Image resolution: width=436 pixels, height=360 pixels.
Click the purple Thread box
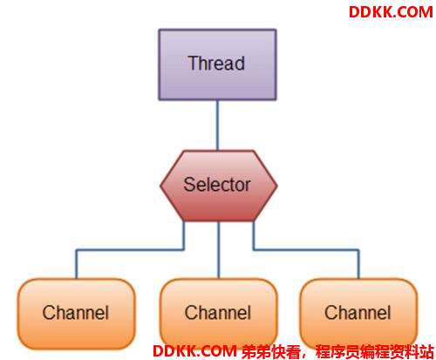tap(217, 65)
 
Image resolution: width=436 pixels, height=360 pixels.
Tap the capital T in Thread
tap(193, 63)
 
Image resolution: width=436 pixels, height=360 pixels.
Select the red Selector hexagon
tap(219, 186)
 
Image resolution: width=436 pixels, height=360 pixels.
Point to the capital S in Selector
tap(189, 185)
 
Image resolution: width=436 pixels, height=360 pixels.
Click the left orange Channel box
tap(76, 314)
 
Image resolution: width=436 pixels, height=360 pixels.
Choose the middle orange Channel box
tap(218, 314)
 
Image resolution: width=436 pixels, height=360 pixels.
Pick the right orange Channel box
tap(358, 314)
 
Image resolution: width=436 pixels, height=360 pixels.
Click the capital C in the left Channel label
tap(49, 313)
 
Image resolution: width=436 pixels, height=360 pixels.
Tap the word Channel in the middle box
tap(218, 313)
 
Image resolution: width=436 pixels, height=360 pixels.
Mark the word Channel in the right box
tap(358, 313)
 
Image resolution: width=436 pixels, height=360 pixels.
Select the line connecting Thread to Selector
tap(217, 126)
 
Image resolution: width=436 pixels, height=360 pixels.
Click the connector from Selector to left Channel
tap(130, 249)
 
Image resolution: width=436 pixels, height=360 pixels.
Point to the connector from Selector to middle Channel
tap(219, 250)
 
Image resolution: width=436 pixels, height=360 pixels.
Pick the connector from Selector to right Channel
tap(306, 249)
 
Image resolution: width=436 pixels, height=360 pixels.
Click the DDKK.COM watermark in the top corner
tap(391, 12)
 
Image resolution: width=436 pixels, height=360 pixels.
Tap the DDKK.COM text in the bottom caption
tap(194, 351)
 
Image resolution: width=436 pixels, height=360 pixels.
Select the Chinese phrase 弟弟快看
tap(270, 352)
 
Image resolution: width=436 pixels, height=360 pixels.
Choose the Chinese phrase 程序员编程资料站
tap(375, 352)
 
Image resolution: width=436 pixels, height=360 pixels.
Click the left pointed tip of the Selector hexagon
tap(160, 186)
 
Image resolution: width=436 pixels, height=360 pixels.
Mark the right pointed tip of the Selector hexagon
tap(277, 186)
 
